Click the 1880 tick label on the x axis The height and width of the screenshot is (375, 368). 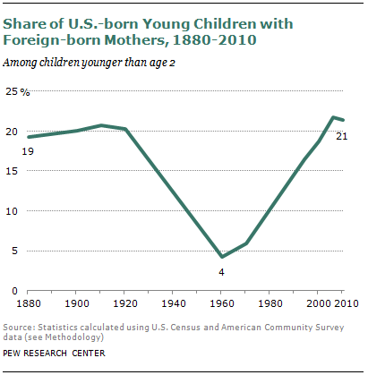[x=29, y=303]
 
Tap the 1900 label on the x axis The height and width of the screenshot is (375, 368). [x=77, y=303]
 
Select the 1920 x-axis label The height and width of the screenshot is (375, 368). [x=125, y=303]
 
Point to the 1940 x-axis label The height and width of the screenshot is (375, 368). [x=174, y=303]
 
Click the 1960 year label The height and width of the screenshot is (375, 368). [x=222, y=303]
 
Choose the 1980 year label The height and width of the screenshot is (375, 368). [x=270, y=303]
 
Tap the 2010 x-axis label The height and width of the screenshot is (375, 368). [x=347, y=303]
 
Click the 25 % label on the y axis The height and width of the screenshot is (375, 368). [x=18, y=91]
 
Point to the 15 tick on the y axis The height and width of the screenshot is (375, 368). [x=12, y=171]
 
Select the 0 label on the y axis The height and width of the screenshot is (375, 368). [x=14, y=291]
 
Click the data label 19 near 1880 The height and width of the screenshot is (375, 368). [x=28, y=151]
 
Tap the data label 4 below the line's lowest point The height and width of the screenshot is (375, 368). [x=221, y=272]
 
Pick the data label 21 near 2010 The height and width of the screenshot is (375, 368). [x=342, y=136]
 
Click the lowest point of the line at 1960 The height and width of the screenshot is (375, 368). [x=221, y=256]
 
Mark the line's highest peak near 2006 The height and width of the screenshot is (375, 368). [x=333, y=117]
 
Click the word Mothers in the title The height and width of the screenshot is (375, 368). [x=133, y=40]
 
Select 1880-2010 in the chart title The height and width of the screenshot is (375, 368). [x=214, y=40]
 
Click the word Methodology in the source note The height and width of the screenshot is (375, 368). [x=73, y=337]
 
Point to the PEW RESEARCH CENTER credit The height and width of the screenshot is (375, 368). [x=54, y=354]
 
